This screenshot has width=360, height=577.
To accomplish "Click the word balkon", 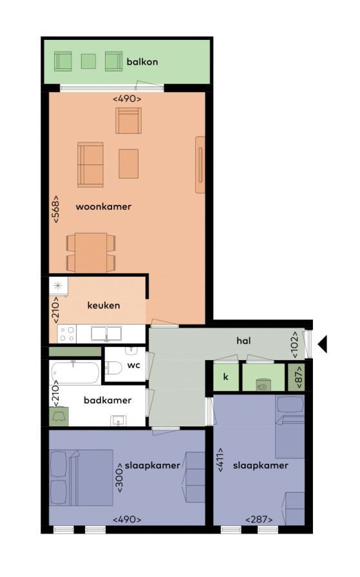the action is pos(142,61).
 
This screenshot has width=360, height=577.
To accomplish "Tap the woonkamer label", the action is pos(104,207).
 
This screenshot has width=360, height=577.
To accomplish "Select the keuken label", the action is pos(104,305).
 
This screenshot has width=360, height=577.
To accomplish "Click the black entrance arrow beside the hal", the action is pos(323,344).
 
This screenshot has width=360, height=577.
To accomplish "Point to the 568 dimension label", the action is pos(55,209).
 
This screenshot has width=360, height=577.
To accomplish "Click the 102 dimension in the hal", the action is pos(295,345).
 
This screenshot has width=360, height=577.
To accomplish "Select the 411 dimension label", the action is pos(220,460).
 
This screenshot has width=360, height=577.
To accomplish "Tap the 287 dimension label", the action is pos(259,519).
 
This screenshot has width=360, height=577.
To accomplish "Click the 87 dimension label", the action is pos(299,377).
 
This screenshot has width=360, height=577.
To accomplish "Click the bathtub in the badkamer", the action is pos(75,372).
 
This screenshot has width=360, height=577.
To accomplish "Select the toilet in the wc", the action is pos(113,367).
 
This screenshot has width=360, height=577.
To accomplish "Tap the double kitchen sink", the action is pos(106,334).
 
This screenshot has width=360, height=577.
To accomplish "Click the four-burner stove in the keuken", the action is pos(66,334).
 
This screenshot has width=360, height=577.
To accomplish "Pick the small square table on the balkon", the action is pos(88,61).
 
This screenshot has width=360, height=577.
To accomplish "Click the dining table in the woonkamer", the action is pos(91,252).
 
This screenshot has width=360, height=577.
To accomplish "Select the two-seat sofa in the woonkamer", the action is pos(90,164).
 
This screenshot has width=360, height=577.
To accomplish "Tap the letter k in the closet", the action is pos(225,377).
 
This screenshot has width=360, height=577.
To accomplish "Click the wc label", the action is pos(133,365).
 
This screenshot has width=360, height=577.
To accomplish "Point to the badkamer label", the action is pos(108,400).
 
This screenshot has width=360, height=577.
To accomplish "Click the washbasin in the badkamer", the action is pos(118,421).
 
